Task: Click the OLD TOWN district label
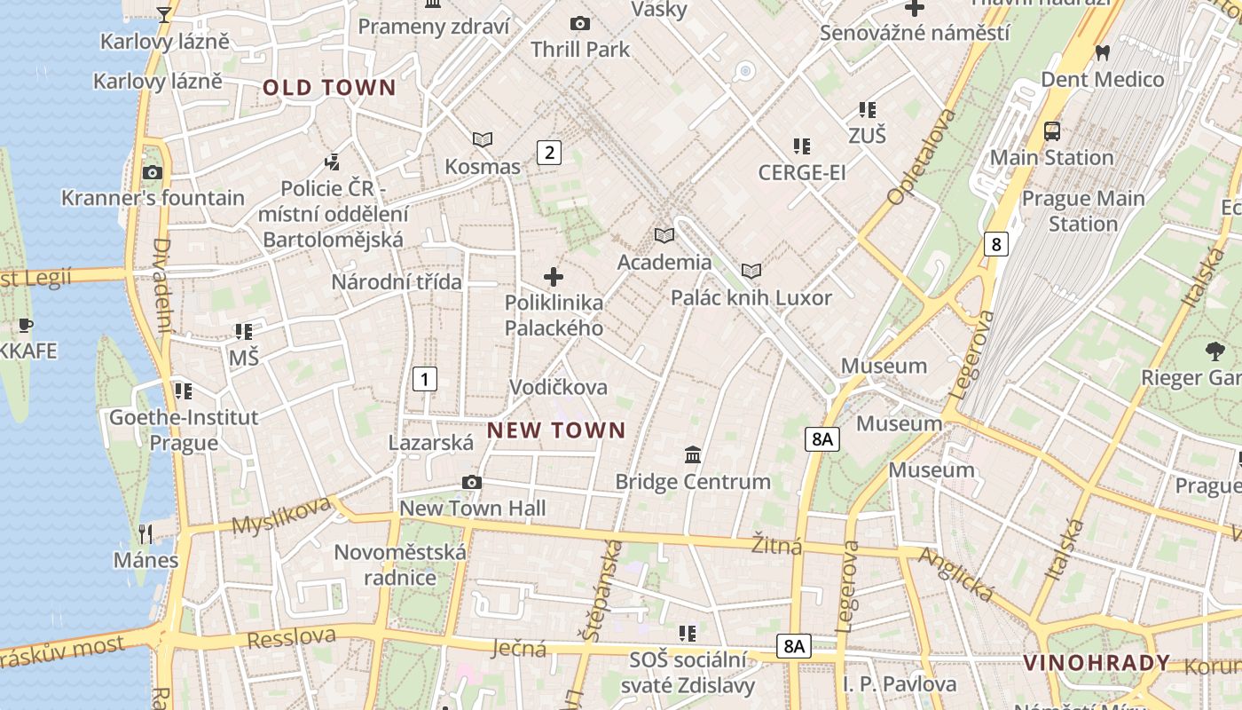point(328,87)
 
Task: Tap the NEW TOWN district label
point(556,430)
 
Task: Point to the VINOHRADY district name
point(1097,663)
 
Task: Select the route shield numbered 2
point(549,152)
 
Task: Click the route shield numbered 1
point(425,379)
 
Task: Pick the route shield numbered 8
point(996,243)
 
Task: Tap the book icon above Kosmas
point(483,139)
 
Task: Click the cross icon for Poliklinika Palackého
point(554,277)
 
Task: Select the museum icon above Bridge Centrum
point(693,455)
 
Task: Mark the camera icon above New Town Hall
point(472,482)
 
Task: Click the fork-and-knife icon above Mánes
point(146,533)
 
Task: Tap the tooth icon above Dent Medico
point(1103,52)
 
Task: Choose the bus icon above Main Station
point(1052,131)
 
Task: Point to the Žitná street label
point(777,543)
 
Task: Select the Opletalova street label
point(922,156)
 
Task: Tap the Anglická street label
point(956,574)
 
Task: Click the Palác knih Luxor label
point(751,297)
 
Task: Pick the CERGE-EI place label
point(802,172)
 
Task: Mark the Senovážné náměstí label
point(915,33)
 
